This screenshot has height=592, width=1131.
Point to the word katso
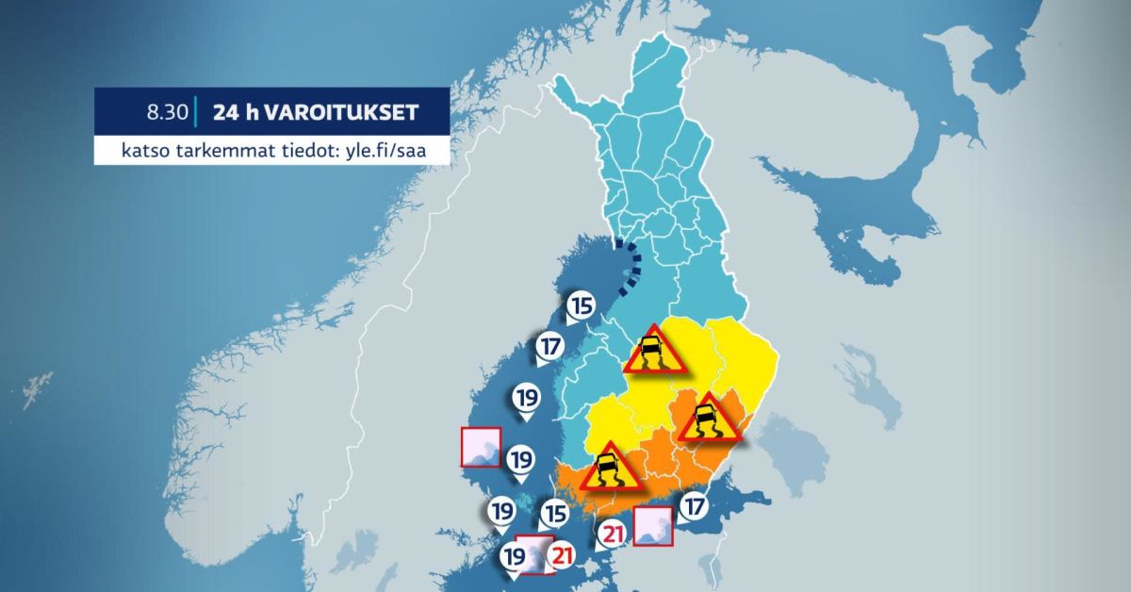[x=144, y=151]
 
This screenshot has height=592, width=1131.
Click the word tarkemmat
[x=223, y=151]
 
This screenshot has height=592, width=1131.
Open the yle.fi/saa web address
[x=388, y=151]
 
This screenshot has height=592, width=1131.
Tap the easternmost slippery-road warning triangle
[x=705, y=419]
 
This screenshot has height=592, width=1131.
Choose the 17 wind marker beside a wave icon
[x=695, y=506]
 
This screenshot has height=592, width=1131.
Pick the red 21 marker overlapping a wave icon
[x=562, y=555]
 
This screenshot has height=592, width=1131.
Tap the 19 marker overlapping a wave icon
[x=514, y=556]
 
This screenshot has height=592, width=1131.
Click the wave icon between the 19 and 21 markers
[x=536, y=554]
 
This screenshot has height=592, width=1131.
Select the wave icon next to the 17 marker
[x=652, y=526]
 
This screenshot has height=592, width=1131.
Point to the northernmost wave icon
[x=480, y=447]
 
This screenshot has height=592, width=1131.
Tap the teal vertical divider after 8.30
[x=194, y=112]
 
